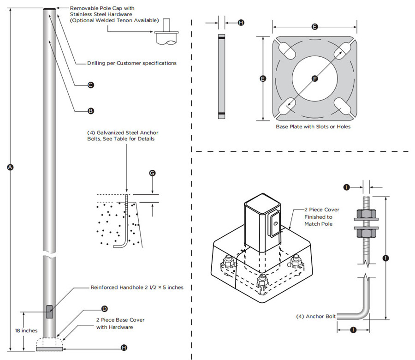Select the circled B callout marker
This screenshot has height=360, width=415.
point(91,111)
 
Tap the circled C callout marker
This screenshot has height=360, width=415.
point(91,84)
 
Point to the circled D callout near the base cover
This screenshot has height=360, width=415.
point(104,308)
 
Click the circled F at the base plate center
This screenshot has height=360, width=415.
point(315,79)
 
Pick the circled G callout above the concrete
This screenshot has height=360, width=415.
point(152,173)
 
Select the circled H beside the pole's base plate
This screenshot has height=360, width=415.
point(123,348)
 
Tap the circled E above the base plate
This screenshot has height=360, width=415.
point(314,27)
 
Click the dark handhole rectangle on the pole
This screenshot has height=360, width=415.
point(49,312)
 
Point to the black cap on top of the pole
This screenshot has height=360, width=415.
point(50,8)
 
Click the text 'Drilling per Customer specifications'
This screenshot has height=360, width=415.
point(131,63)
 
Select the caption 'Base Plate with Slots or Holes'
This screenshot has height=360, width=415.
point(313,126)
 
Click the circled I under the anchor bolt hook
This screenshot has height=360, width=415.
point(353,330)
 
